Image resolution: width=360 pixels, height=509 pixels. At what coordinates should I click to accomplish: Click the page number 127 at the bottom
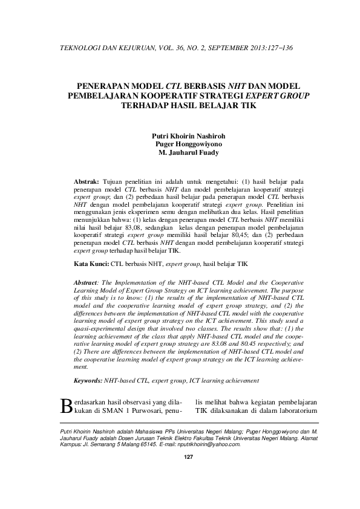(x=188, y=456)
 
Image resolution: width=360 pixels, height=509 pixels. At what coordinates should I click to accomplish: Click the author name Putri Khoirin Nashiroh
(x=189, y=137)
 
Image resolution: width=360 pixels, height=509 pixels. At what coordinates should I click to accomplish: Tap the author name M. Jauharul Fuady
(x=189, y=153)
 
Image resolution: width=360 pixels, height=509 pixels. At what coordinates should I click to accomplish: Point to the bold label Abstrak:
(x=86, y=181)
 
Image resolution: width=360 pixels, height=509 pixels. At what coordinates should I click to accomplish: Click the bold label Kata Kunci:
(x=91, y=264)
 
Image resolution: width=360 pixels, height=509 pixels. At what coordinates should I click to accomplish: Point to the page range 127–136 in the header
(x=280, y=48)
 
